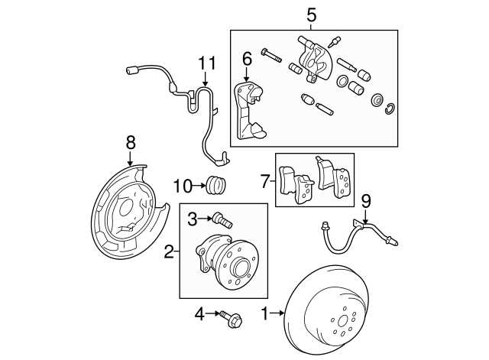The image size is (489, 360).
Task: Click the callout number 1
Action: click(265, 313)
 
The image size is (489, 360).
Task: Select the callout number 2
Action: click(169, 250)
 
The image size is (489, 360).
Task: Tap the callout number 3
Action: click(192, 219)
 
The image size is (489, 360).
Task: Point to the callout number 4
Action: click(201, 313)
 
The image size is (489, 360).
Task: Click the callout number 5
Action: click(310, 15)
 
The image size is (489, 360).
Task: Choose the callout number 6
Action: click(247, 58)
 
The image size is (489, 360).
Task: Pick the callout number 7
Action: click(265, 181)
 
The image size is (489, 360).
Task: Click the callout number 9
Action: click(365, 202)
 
